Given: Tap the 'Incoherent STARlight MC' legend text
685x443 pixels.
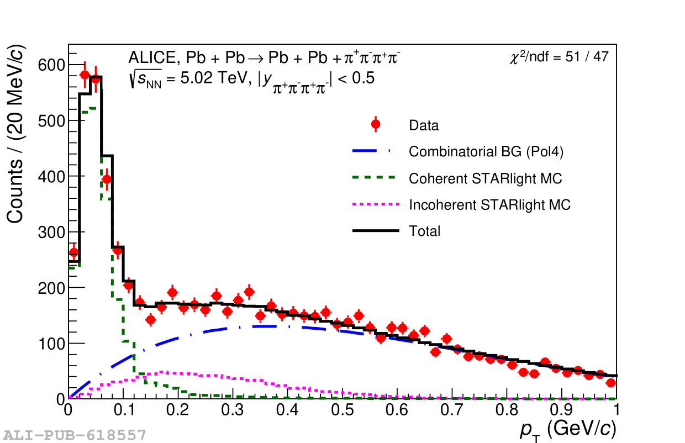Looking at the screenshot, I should click(x=489, y=205).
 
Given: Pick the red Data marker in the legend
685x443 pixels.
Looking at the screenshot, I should click(x=376, y=124).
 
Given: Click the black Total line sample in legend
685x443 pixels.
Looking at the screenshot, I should click(x=376, y=230).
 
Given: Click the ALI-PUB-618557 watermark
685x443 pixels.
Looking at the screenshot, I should click(x=75, y=435).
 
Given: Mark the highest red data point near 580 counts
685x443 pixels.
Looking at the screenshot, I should click(x=85, y=75).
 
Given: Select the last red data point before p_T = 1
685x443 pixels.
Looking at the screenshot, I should click(x=610, y=383).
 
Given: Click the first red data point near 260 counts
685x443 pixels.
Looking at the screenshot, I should click(x=73, y=252).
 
